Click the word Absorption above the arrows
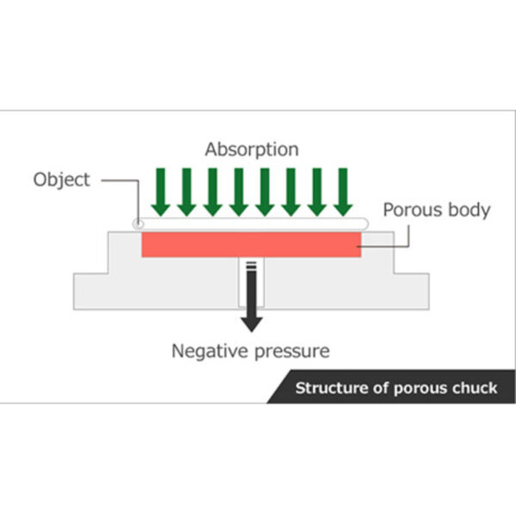(251, 150)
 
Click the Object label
(60, 181)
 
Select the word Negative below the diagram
(207, 351)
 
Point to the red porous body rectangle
(250, 244)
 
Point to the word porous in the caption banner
(418, 388)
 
